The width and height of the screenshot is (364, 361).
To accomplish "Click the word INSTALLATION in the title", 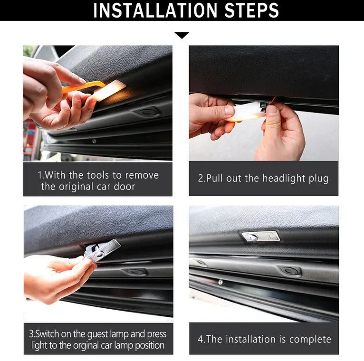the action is click(x=155, y=10).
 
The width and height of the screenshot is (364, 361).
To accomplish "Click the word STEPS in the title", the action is click(x=251, y=10).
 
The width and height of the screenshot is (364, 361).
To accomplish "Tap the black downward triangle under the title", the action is click(x=182, y=35).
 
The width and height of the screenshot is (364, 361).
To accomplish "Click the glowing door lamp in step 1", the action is click(x=110, y=90).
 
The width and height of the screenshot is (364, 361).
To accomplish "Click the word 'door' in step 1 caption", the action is click(x=125, y=187).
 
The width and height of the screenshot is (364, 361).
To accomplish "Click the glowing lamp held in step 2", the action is click(x=246, y=112).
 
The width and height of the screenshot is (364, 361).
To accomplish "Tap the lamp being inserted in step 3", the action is click(x=103, y=250).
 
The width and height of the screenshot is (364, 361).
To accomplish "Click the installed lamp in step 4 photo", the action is click(x=260, y=236).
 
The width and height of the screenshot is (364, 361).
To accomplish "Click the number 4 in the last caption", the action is click(x=201, y=339).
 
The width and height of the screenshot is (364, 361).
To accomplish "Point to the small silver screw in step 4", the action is click(x=220, y=282).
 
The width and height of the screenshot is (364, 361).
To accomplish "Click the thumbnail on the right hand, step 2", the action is click(x=272, y=109).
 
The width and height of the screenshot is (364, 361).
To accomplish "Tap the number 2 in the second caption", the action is click(x=201, y=179).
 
